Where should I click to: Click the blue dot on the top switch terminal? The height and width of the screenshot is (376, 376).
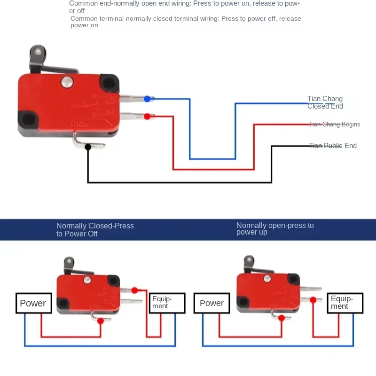click(x=147, y=99)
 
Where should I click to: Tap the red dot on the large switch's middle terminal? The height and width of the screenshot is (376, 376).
click(x=147, y=116)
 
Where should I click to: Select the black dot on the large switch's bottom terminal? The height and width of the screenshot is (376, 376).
click(x=88, y=147)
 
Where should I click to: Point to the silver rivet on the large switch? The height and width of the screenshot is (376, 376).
click(x=67, y=82)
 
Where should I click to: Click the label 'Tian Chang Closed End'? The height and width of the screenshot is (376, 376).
click(x=325, y=102)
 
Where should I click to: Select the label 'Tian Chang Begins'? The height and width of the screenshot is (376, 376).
click(x=334, y=125)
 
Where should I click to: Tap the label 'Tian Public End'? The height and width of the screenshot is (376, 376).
click(x=333, y=146)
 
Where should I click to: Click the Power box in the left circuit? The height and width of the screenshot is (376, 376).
click(x=33, y=303)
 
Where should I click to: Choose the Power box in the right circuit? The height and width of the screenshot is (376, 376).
click(x=211, y=303)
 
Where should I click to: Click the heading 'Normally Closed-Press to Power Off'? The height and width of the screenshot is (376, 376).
click(x=95, y=229)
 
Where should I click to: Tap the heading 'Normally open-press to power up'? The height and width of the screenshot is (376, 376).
click(x=275, y=228)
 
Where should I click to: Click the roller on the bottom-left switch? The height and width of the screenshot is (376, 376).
click(x=68, y=261)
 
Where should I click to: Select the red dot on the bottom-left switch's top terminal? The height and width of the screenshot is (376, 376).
click(x=135, y=290)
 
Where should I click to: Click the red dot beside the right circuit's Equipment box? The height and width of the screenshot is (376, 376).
click(x=313, y=299)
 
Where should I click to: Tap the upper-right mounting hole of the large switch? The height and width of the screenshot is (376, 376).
click(x=109, y=83)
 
